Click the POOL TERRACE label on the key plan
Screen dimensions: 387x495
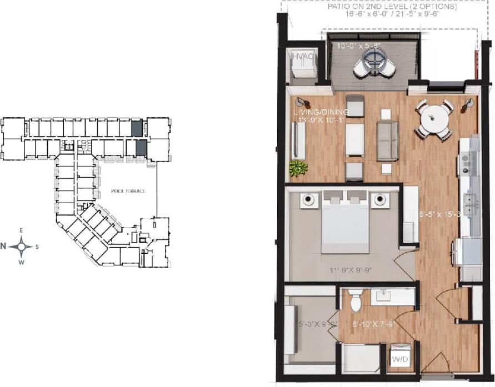(128, 191)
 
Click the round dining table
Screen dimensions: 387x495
(434, 118)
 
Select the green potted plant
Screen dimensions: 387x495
(298, 167)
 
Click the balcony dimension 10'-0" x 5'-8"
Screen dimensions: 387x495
(359, 46)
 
